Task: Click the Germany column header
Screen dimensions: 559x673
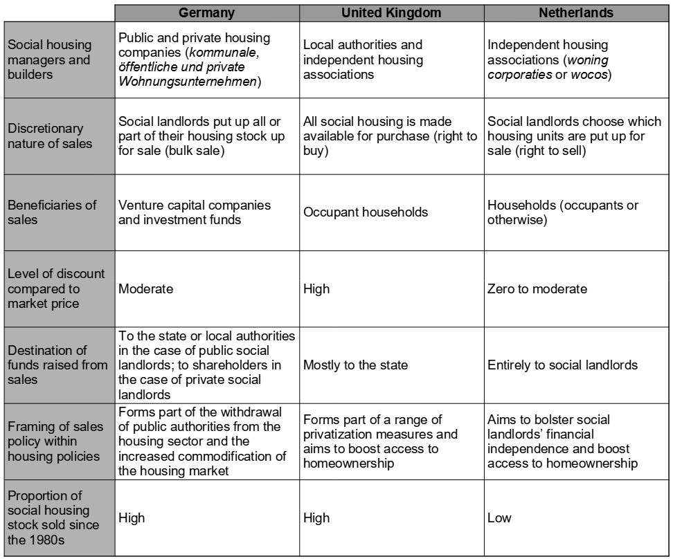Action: (x=207, y=12)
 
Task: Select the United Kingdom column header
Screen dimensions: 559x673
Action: (x=391, y=12)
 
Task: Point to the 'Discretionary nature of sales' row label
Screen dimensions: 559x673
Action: (x=45, y=136)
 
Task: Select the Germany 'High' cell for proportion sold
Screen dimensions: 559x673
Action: (x=132, y=517)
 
